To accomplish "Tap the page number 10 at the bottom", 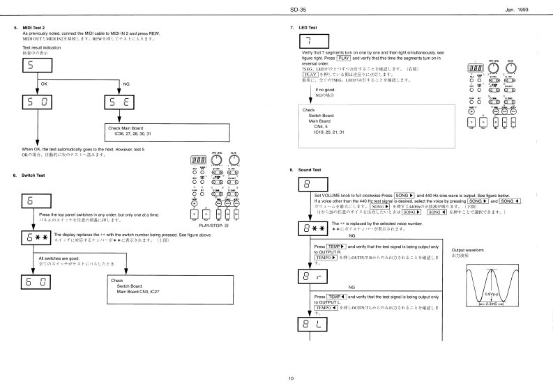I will (x=291, y=379).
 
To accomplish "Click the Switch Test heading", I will (x=33, y=175).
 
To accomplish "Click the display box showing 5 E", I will (x=116, y=101).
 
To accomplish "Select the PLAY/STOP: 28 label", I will (x=214, y=226).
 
